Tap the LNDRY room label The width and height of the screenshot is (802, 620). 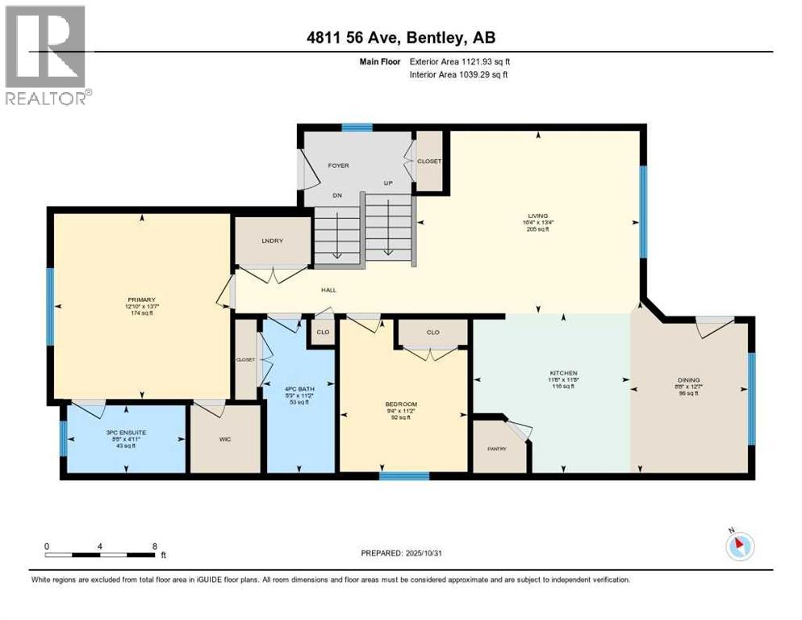[269, 241]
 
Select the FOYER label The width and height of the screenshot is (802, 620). [337, 165]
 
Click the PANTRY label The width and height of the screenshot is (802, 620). [495, 449]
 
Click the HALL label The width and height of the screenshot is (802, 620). [328, 290]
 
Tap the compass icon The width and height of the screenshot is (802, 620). [738, 547]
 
